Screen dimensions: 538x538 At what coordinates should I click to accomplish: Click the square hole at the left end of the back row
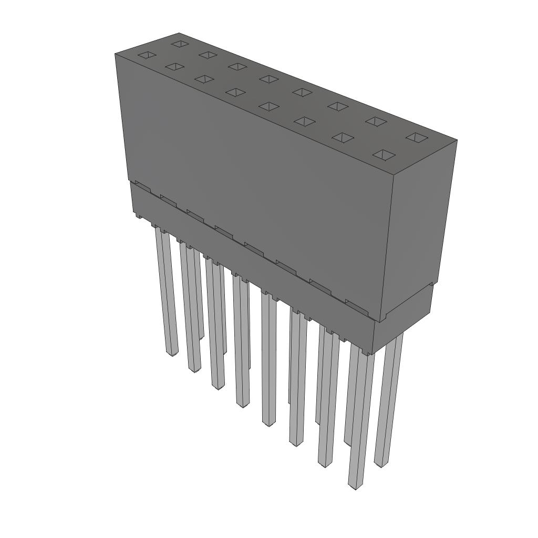[180, 43]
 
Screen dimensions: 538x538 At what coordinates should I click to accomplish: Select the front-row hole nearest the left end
[147, 55]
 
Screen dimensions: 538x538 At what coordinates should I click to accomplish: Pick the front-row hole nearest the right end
[385, 154]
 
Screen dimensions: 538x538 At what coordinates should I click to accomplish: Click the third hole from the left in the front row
[204, 79]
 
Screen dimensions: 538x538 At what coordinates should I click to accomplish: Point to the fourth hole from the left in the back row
[268, 79]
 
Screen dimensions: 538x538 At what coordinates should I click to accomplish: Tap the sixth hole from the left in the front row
[304, 121]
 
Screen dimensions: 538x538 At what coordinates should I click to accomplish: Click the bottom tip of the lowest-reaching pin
[356, 487]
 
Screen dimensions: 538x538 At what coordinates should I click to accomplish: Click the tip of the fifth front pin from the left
[268, 423]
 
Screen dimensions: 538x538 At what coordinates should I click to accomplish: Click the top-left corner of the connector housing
[115, 54]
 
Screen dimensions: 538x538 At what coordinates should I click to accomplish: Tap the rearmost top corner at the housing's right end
[457, 140]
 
